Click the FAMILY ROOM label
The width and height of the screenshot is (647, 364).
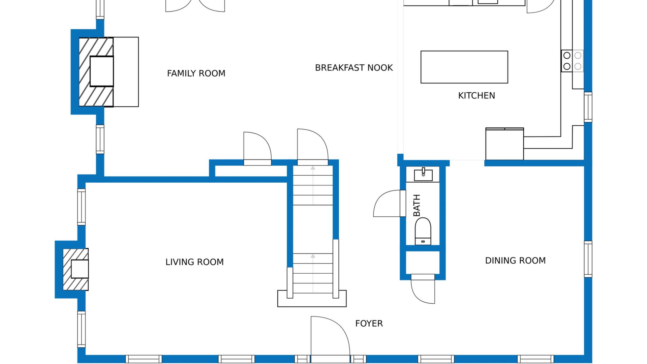(x=196, y=73)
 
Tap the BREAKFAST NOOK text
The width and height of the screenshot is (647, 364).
(x=354, y=68)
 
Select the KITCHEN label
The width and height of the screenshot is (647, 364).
(x=476, y=96)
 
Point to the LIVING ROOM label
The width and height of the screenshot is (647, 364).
(x=194, y=262)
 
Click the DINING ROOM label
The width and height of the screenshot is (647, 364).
(x=515, y=261)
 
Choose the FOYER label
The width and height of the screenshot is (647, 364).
(x=369, y=324)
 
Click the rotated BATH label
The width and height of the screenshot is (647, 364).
(x=417, y=205)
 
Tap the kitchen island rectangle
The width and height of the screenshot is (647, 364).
(x=464, y=67)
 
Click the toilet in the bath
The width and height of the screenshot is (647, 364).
(x=423, y=231)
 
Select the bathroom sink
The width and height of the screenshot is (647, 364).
(x=423, y=175)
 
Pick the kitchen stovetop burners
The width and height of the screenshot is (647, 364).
(x=572, y=61)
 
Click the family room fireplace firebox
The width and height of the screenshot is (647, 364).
(x=101, y=71)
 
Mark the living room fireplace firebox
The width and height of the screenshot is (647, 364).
(x=80, y=269)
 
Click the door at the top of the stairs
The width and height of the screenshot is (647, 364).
(x=313, y=147)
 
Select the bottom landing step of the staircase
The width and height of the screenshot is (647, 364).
(x=312, y=299)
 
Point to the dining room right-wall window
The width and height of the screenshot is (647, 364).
(x=588, y=259)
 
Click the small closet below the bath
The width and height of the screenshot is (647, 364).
(x=423, y=263)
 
